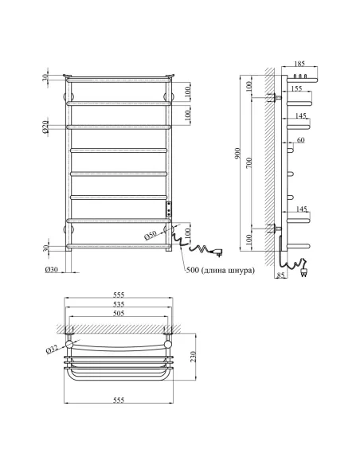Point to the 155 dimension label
[297, 89]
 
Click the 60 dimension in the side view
[300, 140]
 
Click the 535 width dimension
[118, 304]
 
